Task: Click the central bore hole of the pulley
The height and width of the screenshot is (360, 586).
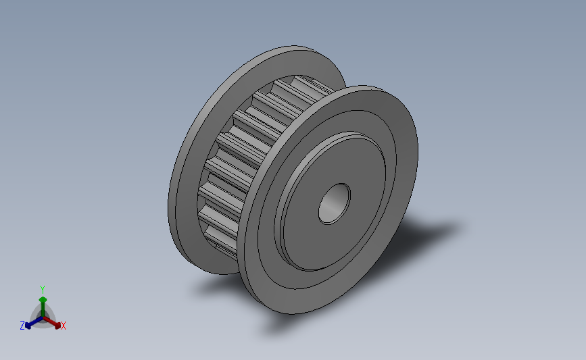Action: point(334,204)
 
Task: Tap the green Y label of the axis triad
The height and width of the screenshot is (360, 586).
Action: point(43,290)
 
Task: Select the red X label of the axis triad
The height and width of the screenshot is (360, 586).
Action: point(63,326)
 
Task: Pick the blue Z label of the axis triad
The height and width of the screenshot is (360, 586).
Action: point(22,326)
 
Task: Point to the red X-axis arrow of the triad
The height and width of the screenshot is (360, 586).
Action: point(51,322)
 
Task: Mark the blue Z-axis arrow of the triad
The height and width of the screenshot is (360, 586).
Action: point(34,322)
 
